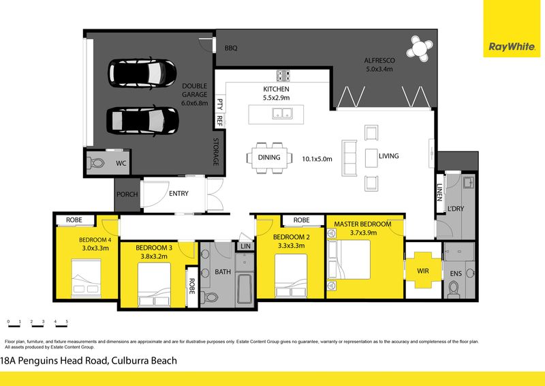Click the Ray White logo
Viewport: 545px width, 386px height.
(x=512, y=46)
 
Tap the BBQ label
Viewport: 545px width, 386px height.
(x=231, y=48)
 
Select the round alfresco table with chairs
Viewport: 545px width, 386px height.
(x=420, y=48)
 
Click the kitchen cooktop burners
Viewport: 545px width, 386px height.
(x=283, y=76)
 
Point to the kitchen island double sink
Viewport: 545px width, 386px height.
(x=282, y=113)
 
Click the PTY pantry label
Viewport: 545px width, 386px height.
(x=219, y=104)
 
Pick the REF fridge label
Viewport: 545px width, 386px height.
(x=219, y=121)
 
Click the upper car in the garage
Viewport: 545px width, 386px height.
(x=142, y=74)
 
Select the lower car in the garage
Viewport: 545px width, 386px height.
(x=142, y=120)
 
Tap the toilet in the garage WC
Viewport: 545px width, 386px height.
(x=95, y=163)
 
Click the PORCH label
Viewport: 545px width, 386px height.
(x=127, y=194)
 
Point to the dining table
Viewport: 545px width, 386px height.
(x=269, y=158)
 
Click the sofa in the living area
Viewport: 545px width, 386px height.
(x=349, y=158)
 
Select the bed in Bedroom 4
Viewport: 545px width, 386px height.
(x=87, y=278)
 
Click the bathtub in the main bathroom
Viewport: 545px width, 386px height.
(x=245, y=290)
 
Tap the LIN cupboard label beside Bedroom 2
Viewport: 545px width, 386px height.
(x=245, y=246)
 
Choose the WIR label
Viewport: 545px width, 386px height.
(x=423, y=271)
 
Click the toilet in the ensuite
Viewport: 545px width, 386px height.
(x=454, y=290)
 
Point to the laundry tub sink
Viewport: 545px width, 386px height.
(x=469, y=182)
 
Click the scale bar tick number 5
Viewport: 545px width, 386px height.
(x=67, y=322)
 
